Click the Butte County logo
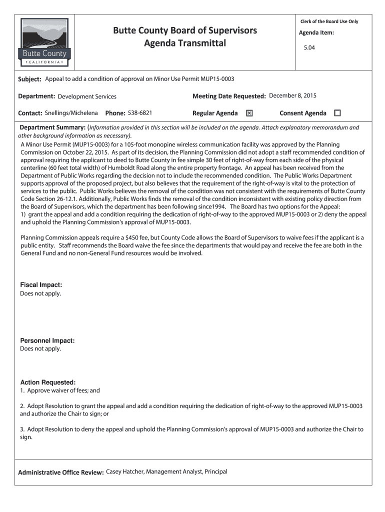click(44, 42)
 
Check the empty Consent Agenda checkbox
click(337, 113)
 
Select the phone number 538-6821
click(140, 112)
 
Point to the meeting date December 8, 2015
click(292, 95)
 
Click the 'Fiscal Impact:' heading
click(41, 285)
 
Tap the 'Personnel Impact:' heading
click(47, 340)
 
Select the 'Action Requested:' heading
click(48, 382)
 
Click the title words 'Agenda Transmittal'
click(185, 43)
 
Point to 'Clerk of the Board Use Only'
click(329, 21)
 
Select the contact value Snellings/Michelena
click(71, 112)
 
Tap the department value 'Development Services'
click(87, 96)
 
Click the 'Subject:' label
click(30, 79)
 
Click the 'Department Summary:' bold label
click(52, 127)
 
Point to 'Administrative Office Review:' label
click(61, 472)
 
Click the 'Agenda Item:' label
click(316, 33)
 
